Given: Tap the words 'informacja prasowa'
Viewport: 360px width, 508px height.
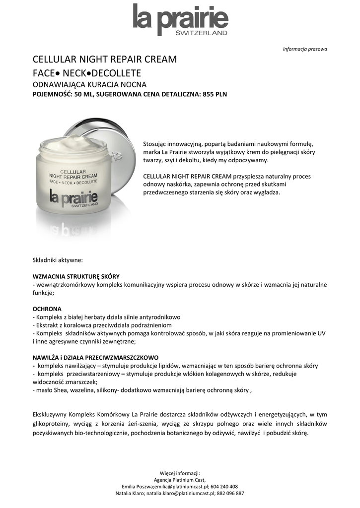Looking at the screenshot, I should (x=305, y=49).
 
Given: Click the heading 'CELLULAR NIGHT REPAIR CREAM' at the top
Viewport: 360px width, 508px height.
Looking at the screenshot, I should (x=105, y=60).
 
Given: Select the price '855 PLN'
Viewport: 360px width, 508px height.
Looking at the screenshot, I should (x=215, y=94).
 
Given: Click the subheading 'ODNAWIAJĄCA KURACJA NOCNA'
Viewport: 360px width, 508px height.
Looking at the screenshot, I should (x=89, y=84).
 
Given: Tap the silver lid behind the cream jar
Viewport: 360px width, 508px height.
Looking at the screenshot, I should (x=119, y=144).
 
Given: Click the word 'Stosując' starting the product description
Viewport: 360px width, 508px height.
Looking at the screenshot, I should (x=154, y=143).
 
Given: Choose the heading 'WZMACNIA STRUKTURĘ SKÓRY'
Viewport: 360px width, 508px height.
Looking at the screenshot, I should (x=76, y=276).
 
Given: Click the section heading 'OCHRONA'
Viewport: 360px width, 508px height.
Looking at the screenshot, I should (x=47, y=308).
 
